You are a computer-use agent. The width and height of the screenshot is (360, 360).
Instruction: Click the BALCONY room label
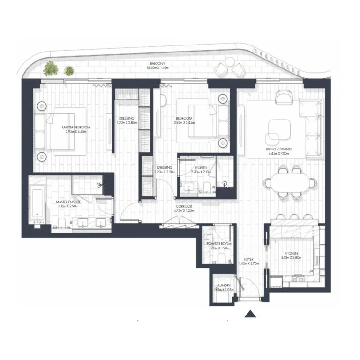click(x=157, y=64)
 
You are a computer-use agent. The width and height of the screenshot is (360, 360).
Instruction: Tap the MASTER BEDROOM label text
click(x=76, y=127)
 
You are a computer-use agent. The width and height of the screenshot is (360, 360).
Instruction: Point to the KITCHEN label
click(x=291, y=253)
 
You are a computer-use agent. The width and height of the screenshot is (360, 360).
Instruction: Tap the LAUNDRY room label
click(x=223, y=285)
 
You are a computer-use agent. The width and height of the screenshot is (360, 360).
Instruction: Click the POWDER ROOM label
click(x=219, y=244)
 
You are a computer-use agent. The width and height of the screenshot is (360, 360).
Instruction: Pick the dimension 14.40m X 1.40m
click(x=157, y=68)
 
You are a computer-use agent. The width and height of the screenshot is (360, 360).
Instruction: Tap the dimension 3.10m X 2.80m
click(x=291, y=258)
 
